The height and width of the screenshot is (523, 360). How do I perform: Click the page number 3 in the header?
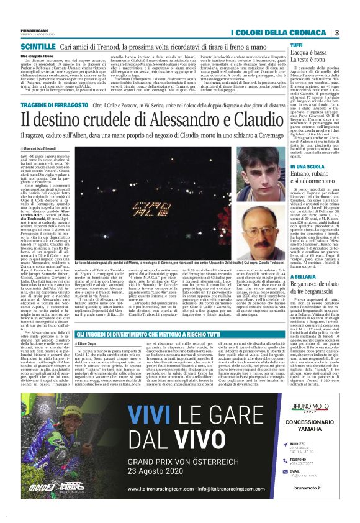[x=336, y=32]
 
